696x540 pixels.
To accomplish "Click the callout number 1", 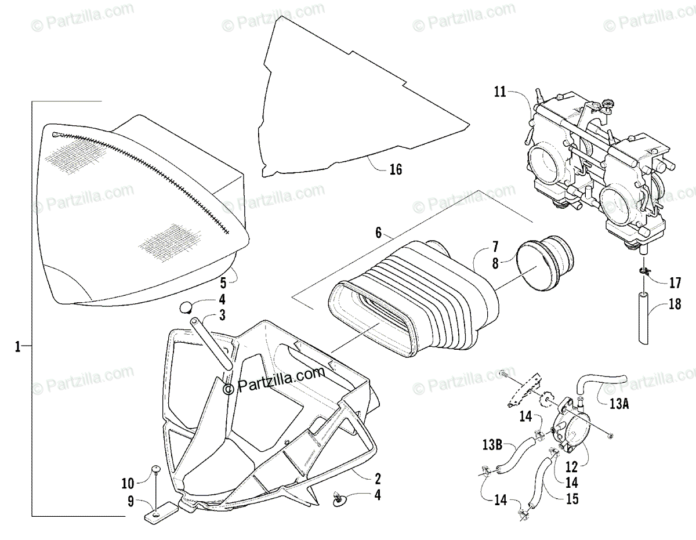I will (x=17, y=346).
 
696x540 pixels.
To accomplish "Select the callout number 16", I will (x=396, y=169).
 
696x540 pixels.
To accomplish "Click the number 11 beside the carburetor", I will (x=500, y=91).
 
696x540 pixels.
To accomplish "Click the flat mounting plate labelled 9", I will (x=158, y=514).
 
